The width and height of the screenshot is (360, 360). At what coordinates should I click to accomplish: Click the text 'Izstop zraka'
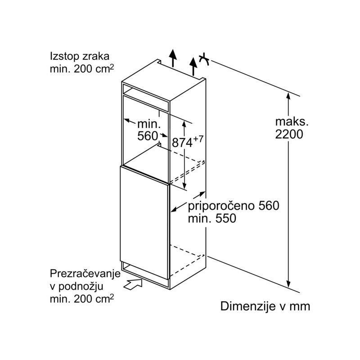click(80, 56)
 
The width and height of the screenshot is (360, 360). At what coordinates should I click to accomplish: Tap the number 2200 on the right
click(289, 134)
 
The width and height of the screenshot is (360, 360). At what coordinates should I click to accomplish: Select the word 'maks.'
click(292, 121)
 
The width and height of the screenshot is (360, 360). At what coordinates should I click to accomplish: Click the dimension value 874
click(182, 143)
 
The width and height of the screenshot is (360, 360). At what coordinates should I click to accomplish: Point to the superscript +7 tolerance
click(198, 139)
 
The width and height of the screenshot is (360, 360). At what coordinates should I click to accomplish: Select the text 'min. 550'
click(212, 218)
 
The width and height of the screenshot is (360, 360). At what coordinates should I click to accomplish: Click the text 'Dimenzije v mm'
click(265, 306)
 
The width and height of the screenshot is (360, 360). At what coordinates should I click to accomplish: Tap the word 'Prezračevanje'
click(85, 274)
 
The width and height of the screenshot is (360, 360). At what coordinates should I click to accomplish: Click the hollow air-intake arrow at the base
click(133, 284)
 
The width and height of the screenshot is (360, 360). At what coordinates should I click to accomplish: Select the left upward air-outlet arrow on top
click(173, 58)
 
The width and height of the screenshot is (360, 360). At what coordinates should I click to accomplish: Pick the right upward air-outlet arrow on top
click(194, 66)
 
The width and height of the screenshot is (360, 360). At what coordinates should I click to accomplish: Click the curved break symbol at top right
click(204, 59)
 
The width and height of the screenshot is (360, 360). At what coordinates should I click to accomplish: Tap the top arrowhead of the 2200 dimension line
click(288, 96)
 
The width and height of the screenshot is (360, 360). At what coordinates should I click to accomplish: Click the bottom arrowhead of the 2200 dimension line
click(288, 284)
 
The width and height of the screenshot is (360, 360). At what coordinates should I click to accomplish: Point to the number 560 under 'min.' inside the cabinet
click(148, 136)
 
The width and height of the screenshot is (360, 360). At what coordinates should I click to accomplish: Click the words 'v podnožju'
click(76, 286)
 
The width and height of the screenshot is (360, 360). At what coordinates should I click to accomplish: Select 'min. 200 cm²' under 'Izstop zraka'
click(82, 69)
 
